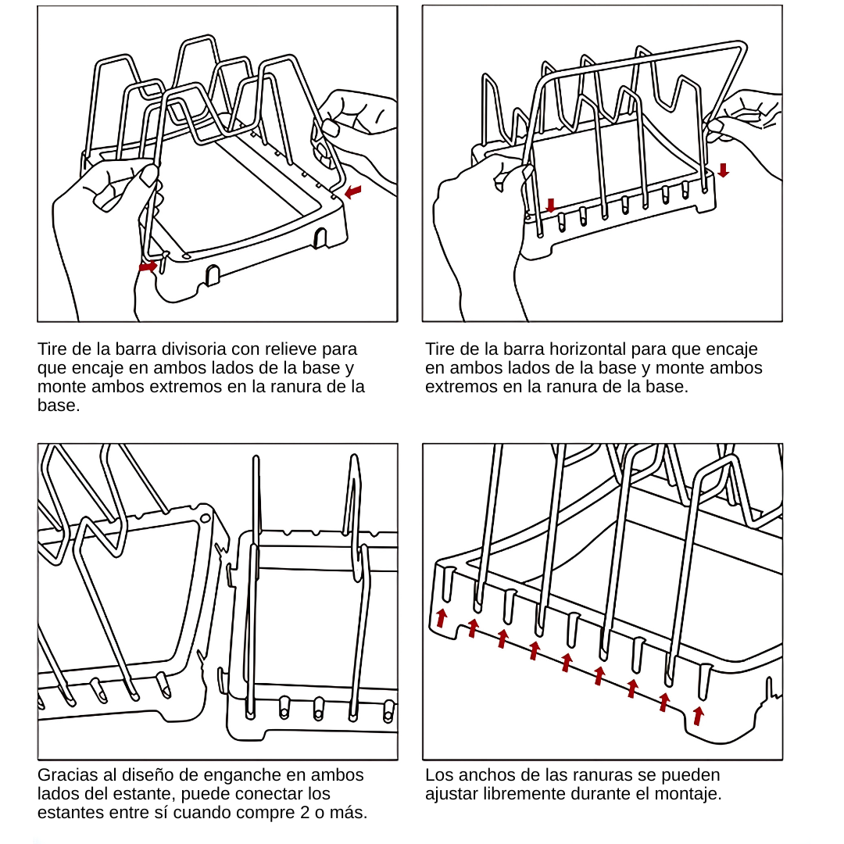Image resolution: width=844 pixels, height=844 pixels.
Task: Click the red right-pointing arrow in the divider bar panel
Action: point(148,266)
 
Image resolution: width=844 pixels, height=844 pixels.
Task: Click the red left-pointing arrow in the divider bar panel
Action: point(353,191)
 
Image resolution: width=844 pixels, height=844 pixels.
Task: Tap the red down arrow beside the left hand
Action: point(551,206)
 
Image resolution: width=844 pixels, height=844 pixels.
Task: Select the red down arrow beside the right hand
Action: point(723,170)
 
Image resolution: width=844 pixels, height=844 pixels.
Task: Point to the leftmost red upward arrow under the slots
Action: point(442,617)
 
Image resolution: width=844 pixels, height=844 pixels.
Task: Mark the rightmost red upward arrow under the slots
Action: point(698,715)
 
